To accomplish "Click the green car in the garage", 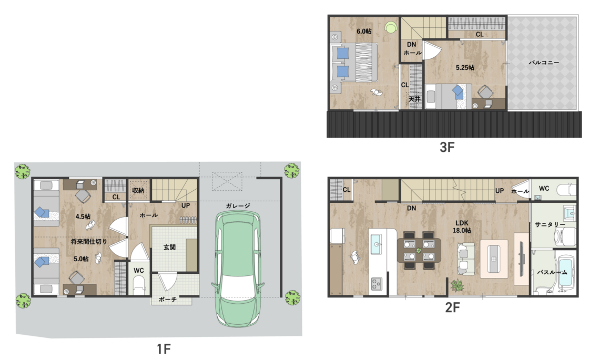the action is [237, 269].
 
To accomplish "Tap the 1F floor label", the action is [164, 349].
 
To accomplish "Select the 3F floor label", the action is [447, 147].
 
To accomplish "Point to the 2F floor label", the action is [452, 307].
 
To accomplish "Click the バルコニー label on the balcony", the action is [544, 63].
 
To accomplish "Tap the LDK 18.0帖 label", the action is [462, 227].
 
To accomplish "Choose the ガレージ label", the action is [238, 205].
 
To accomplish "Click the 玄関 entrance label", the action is [169, 247].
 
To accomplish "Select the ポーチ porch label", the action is [168, 299].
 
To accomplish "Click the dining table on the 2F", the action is [419, 250].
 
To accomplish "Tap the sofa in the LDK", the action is [465, 258].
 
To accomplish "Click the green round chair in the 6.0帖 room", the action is [391, 27].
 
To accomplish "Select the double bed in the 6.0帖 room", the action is [354, 63].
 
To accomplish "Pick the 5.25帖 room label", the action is [465, 68].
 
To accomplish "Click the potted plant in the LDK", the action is [457, 285].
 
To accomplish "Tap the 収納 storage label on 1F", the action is [138, 190].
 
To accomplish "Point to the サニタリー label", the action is [550, 224].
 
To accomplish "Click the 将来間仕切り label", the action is [89, 241].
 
